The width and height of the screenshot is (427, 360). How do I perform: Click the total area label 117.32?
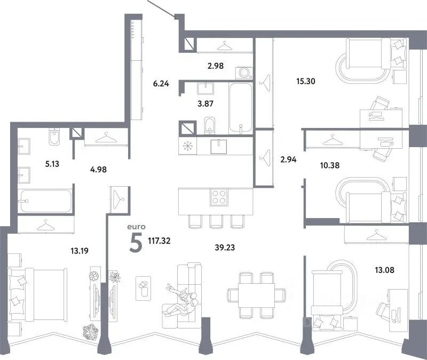(x=159, y=241)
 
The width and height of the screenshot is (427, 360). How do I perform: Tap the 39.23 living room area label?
(x=225, y=247)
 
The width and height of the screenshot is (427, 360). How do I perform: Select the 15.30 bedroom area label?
(x=306, y=81)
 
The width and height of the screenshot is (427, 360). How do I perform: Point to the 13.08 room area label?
(x=384, y=270)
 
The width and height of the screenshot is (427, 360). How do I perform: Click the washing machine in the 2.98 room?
(x=244, y=73)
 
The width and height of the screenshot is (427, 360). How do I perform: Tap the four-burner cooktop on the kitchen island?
(x=219, y=197)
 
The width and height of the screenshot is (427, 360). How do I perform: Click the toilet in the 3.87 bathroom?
(x=209, y=125)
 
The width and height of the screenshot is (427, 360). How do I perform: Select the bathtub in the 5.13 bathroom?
(x=46, y=201)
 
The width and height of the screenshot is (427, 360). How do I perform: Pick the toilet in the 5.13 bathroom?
(x=55, y=137)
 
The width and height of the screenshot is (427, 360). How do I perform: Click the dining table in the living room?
(x=256, y=295)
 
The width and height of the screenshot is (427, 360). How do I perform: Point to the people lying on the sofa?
(x=181, y=301)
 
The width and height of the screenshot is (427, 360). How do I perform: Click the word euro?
(x=137, y=227)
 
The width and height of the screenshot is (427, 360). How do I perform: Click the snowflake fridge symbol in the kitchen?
(x=188, y=146)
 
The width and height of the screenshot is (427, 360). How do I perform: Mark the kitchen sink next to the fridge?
(x=219, y=146)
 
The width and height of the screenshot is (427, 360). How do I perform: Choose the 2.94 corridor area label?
(x=288, y=159)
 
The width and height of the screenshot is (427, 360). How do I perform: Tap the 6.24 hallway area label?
(x=161, y=84)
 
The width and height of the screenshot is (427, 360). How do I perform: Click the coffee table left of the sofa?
(x=144, y=289)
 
